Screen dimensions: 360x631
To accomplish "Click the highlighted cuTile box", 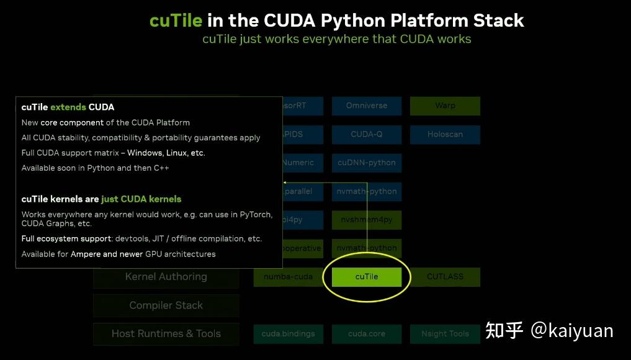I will pos(366,277).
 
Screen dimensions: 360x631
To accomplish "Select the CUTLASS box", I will pos(445,277).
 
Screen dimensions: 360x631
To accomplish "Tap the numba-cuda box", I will pos(289,277).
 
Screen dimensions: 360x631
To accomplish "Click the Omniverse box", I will pos(366,106).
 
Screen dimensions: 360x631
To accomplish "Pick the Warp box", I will pos(445,106).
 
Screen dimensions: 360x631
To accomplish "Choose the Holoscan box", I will pos(445,134).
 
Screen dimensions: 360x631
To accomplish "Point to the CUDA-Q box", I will pos(366,134).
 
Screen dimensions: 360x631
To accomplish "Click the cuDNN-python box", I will pos(366,163).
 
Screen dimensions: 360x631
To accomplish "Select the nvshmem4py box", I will pos(366,220).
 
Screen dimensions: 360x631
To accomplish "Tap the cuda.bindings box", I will pos(289,334).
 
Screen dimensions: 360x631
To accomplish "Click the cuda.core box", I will pos(366,334).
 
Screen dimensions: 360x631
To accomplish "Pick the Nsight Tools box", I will pos(445,334).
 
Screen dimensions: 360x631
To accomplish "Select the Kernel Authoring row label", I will pos(166,277).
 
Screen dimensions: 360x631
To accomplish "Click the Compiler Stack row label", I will pos(166,305).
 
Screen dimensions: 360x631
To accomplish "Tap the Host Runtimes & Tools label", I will pos(166,334).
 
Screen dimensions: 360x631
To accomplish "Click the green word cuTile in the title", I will pos(176,20).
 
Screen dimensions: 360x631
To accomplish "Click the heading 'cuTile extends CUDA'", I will pos(68,107).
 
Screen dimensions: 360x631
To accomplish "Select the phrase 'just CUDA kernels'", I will pos(141,199).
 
